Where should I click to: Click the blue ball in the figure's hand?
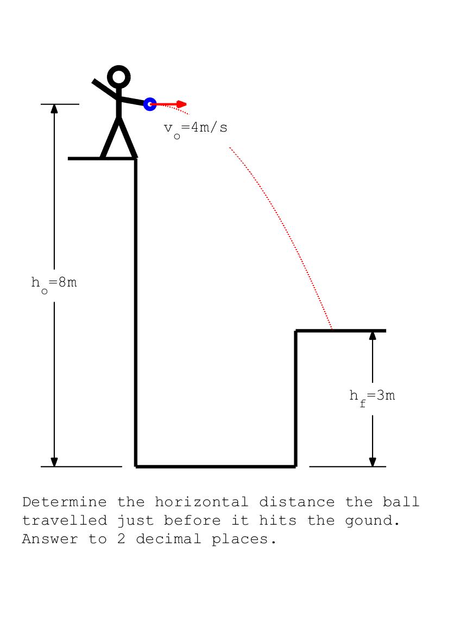(150, 104)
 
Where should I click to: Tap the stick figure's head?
(119, 77)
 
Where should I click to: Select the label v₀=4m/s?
(196, 128)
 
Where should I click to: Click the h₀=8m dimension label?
(54, 283)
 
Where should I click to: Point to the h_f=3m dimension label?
(372, 396)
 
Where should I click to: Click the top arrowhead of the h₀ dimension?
(54, 108)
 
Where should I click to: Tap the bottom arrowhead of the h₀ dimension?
(54, 462)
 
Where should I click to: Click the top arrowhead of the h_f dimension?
(373, 335)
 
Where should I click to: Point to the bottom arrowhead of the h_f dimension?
(373, 462)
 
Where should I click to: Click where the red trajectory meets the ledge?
(332, 329)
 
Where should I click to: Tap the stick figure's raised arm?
(104, 89)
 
